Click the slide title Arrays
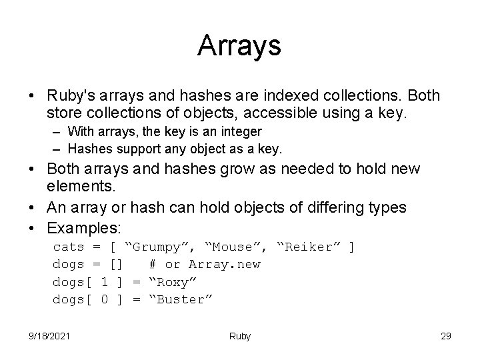pyautogui.click(x=239, y=46)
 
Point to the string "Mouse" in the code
pyautogui.click(x=234, y=247)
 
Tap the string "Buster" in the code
pyautogui.click(x=180, y=299)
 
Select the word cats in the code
pyautogui.click(x=69, y=247)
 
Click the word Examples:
pyautogui.click(x=84, y=227)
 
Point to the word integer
pyautogui.click(x=239, y=132)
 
